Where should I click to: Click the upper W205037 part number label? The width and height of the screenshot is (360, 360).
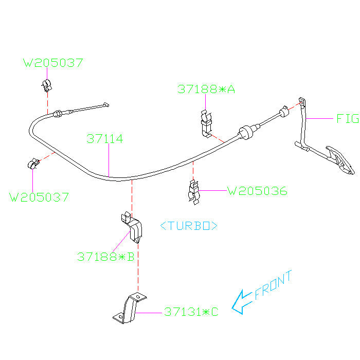tap(53, 63)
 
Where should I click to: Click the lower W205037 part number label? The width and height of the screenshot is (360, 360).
tap(39, 196)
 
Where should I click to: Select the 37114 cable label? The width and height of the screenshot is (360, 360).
tap(105, 139)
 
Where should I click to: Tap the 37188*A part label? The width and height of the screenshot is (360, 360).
tap(206, 89)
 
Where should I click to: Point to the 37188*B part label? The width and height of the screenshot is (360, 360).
tap(105, 256)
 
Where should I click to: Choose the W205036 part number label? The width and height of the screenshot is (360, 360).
tap(257, 191)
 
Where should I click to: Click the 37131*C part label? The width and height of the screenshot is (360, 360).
tap(191, 312)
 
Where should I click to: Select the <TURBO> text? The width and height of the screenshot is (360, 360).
tap(188, 226)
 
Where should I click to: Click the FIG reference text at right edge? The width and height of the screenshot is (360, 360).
tap(347, 119)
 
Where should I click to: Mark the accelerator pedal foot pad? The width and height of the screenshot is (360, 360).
tap(340, 160)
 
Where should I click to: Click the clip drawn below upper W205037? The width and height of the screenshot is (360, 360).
tap(46, 85)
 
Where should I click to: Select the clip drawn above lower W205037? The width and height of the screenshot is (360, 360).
tap(32, 164)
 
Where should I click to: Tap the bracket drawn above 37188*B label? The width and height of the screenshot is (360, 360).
tap(132, 227)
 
